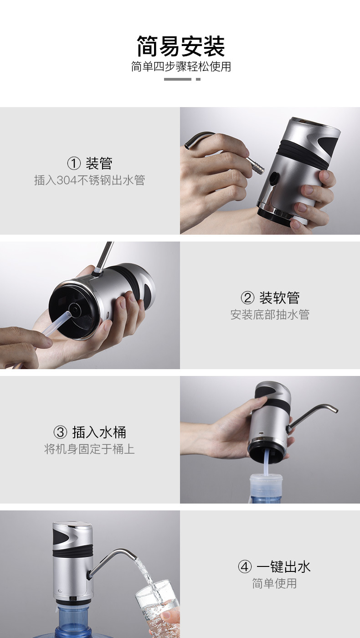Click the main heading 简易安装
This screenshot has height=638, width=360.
181,46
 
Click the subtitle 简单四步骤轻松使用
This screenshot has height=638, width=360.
181,67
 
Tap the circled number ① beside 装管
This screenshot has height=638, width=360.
73,164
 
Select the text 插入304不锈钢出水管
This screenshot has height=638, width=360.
89,180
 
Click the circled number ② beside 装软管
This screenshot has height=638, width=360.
247,298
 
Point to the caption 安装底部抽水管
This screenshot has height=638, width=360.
270,315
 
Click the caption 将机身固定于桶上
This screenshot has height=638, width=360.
89,449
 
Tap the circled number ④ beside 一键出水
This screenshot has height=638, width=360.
245,567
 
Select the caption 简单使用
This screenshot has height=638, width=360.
274,583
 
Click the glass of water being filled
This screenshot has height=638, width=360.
157,608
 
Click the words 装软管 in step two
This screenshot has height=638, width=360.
279,298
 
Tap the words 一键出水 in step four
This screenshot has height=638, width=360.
283,567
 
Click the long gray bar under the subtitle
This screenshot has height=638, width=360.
177,79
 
